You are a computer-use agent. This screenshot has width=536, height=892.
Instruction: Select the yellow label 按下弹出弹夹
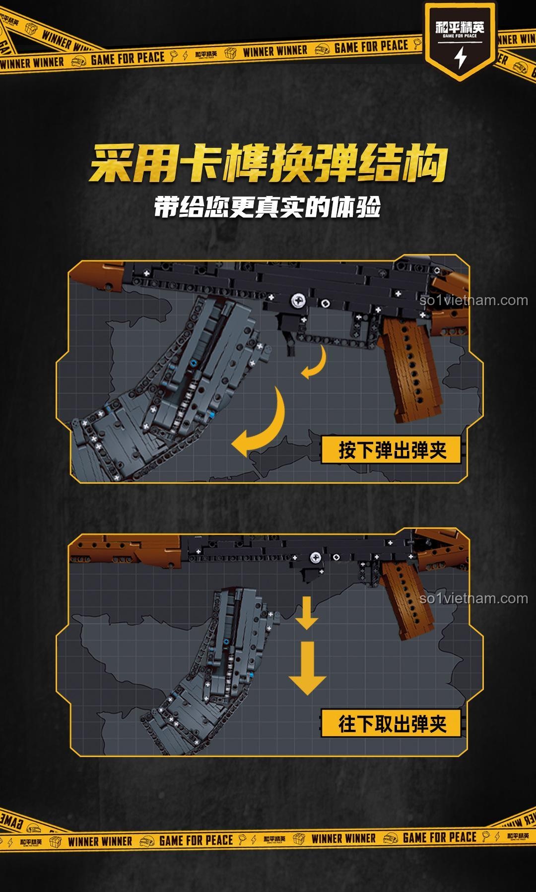coord(392,450)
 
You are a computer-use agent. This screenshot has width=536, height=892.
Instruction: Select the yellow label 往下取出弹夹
coord(392,724)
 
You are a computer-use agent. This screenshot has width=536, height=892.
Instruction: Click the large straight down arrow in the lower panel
coord(307,668)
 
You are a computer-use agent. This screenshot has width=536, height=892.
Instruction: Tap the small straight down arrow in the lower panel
coord(307,613)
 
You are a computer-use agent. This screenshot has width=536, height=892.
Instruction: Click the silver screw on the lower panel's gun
coord(315,558)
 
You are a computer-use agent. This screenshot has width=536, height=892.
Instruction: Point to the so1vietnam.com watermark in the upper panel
coord(473,300)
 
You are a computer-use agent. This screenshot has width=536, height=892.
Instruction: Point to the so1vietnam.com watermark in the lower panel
coord(473,598)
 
